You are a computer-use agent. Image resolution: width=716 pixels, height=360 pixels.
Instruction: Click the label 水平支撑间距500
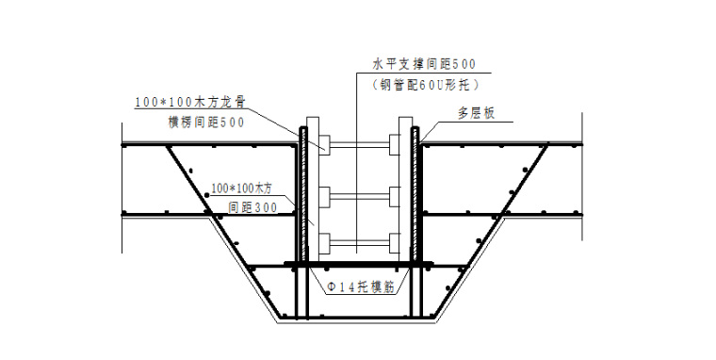pos(425,64)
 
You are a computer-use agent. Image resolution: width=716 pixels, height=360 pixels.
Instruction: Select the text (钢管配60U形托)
pos(424,84)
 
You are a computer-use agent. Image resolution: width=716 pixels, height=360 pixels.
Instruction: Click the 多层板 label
pos(477,114)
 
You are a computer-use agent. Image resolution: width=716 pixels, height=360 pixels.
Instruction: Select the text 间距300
pos(252,207)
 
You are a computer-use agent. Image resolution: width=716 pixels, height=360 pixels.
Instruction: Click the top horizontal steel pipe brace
pos(359,145)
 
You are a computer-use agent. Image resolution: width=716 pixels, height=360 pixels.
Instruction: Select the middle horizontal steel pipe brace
pos(359,196)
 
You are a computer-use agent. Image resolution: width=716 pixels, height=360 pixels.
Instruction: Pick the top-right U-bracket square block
pos(396,145)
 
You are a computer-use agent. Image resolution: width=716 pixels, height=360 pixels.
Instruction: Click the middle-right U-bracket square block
pos(396,196)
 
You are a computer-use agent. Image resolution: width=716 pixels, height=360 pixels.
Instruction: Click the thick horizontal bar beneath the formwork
pos(359,263)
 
